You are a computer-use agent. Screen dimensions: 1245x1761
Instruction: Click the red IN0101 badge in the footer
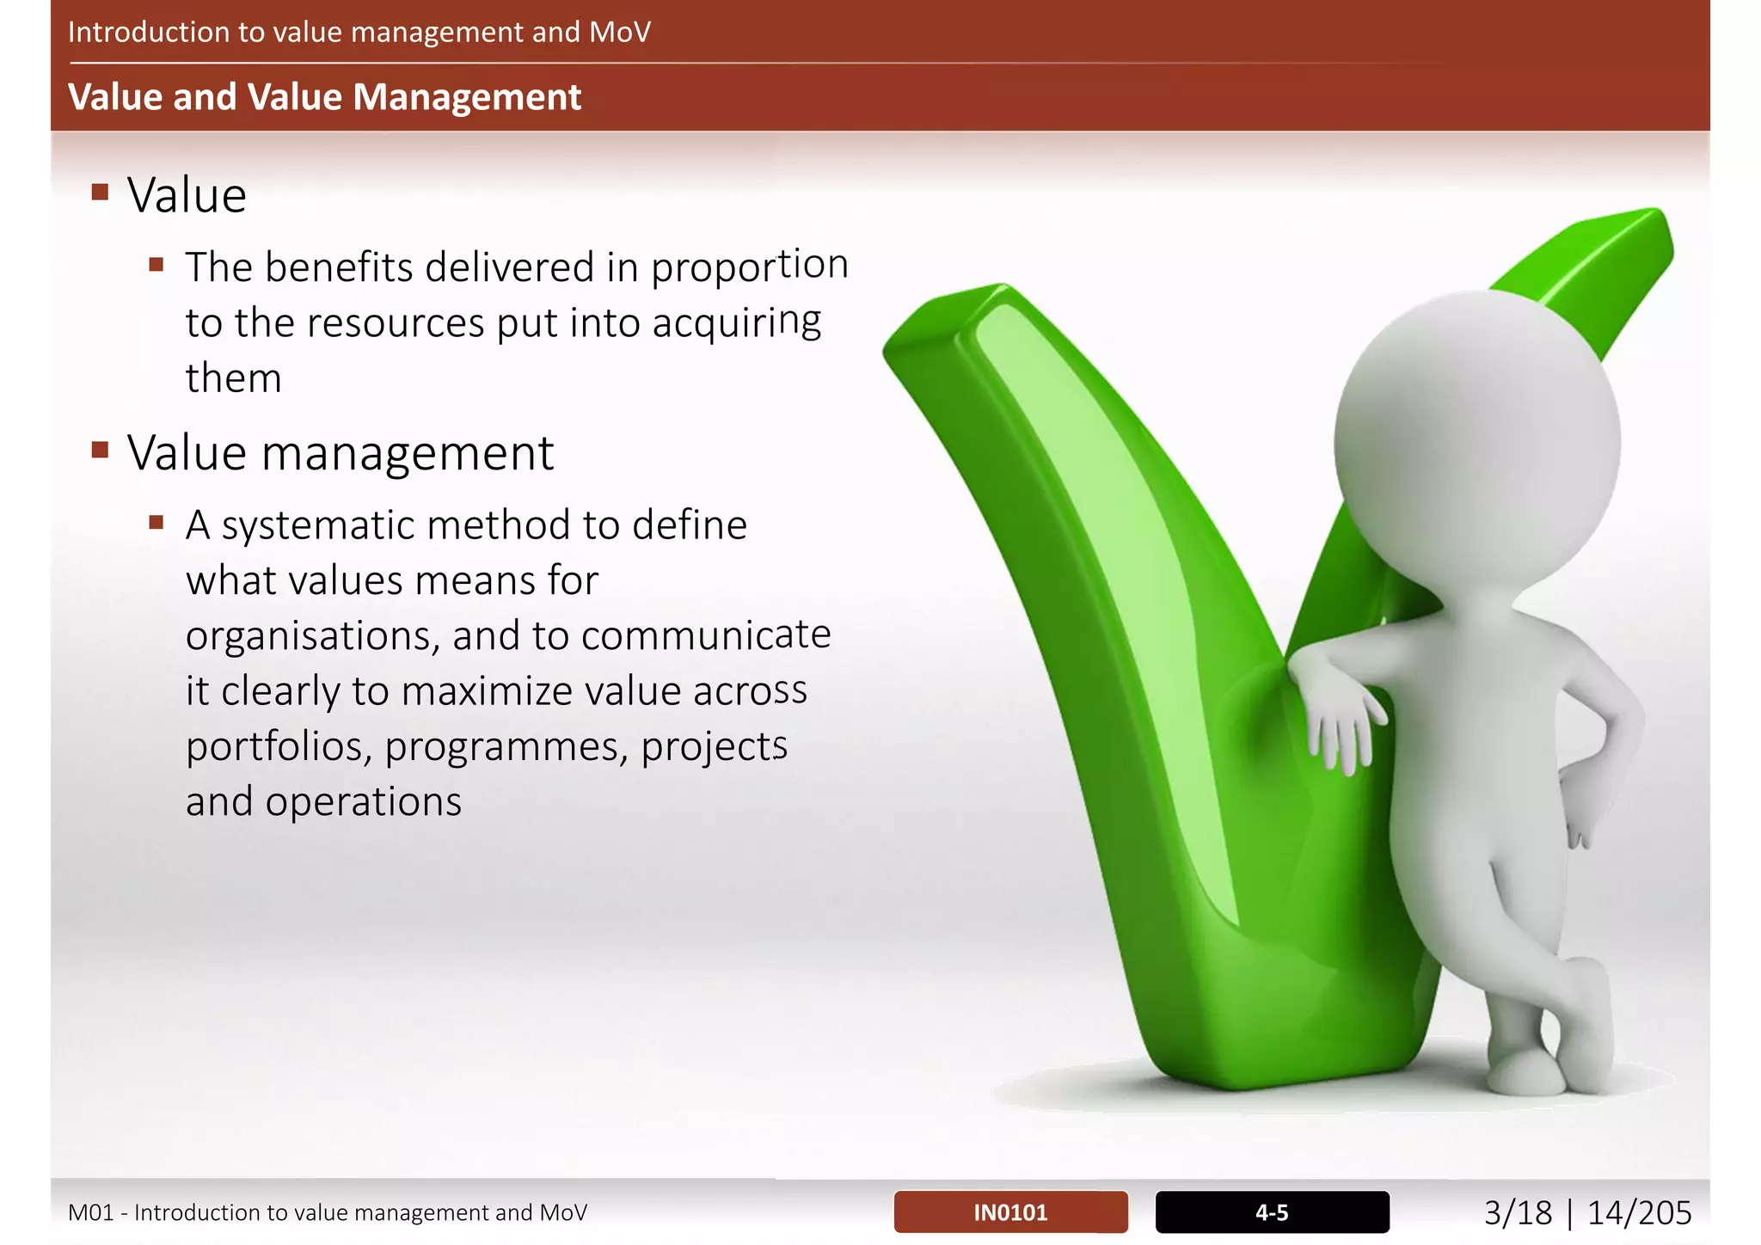pos(1010,1212)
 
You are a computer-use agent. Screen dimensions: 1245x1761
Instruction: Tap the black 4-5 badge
pos(1272,1212)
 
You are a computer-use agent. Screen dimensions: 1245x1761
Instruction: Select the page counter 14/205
pos(1639,1213)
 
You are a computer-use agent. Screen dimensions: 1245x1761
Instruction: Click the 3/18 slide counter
pos(1518,1213)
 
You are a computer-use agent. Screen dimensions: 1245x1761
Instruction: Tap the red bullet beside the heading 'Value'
pos(101,192)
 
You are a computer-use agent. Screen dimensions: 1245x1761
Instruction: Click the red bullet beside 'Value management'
pos(101,450)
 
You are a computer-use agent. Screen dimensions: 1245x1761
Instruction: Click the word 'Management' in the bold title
pos(467,97)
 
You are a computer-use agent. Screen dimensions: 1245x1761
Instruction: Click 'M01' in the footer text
pos(91,1213)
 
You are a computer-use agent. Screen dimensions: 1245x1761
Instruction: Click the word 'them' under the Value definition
pos(233,378)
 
